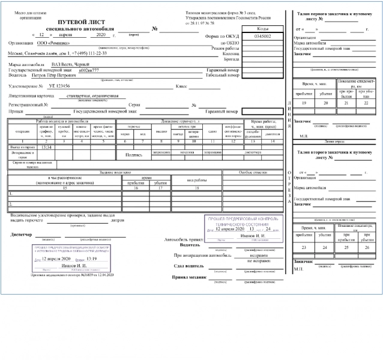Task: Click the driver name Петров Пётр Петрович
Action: click(x=53, y=75)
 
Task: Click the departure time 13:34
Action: click(x=47, y=146)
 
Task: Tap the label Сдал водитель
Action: click(x=187, y=266)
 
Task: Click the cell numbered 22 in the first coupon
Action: click(x=364, y=103)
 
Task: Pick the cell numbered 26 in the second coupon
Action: click(x=364, y=247)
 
